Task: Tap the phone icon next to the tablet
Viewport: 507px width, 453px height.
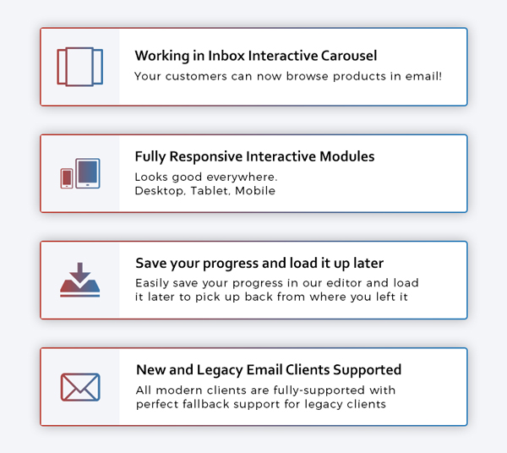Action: (x=67, y=178)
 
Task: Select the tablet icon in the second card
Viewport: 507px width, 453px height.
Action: (x=88, y=173)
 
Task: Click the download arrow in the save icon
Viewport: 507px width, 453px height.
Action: (x=80, y=273)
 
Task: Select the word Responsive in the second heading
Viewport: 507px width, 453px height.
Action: (x=206, y=156)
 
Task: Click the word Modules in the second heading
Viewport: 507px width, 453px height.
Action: (x=347, y=156)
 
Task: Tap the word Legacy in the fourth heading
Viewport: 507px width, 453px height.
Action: (x=220, y=370)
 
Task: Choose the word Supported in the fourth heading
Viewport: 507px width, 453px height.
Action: (x=368, y=370)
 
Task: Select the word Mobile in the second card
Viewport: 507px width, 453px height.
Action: (x=255, y=191)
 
